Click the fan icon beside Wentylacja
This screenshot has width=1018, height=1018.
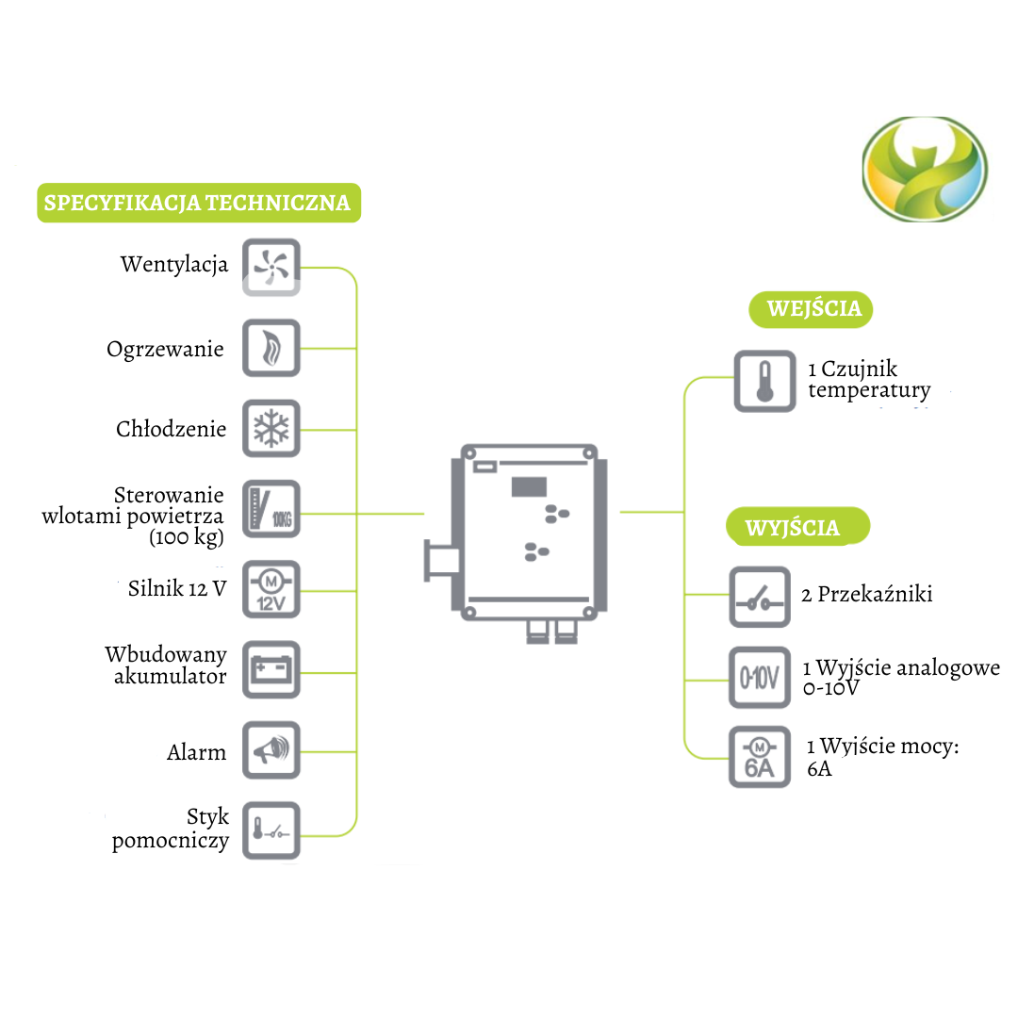point(271,267)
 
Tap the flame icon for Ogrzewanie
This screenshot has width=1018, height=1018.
point(271,348)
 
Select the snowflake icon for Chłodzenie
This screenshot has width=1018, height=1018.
point(271,429)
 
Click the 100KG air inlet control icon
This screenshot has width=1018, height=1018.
point(271,509)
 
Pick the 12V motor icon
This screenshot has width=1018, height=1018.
point(271,589)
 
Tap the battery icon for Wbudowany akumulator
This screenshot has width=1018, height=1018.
point(271,670)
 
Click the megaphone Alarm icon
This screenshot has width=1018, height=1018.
point(271,750)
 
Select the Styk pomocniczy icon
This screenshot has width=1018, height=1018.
point(271,830)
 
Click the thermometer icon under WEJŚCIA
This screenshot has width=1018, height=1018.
point(764,381)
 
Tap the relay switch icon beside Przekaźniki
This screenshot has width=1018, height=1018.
point(760,597)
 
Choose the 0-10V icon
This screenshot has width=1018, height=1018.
point(760,678)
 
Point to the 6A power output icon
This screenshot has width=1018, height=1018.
point(760,758)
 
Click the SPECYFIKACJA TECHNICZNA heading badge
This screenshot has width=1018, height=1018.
point(198,203)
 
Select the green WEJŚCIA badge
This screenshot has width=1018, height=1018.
point(811,309)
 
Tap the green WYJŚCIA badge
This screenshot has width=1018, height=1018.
point(796,527)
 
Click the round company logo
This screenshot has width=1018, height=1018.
point(925,170)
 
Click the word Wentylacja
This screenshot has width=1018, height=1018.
point(174,264)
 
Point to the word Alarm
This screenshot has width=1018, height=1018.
point(197,752)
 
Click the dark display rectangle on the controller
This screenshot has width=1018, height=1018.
point(531,486)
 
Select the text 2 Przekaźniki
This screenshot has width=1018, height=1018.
point(867,594)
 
